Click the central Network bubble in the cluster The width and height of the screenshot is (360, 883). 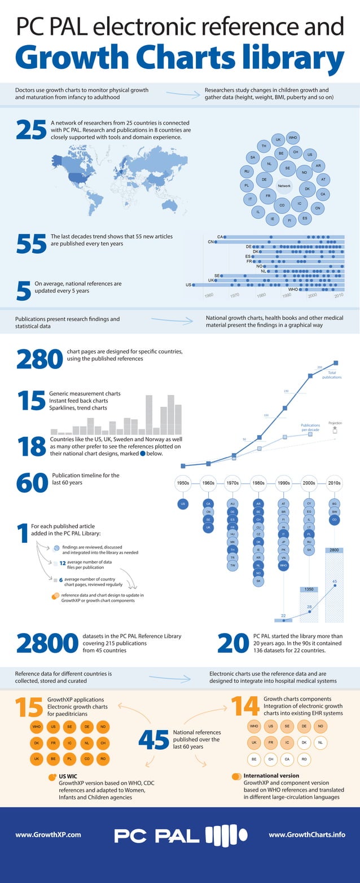click(284, 186)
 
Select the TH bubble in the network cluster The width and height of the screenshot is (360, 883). click(264, 147)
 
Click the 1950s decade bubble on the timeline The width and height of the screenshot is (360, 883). click(183, 483)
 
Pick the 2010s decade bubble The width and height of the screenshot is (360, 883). click(334, 483)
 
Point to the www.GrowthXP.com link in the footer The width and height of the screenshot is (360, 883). click(48, 834)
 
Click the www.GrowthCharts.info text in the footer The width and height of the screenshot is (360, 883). click(307, 834)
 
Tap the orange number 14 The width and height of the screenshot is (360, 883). click(245, 708)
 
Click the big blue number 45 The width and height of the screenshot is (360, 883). click(153, 741)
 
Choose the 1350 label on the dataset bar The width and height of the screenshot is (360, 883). click(309, 589)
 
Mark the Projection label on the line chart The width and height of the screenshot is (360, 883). click(335, 423)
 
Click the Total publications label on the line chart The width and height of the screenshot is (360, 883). click(331, 375)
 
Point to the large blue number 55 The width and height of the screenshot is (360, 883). click(30, 243)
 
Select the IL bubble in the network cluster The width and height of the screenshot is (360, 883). click(258, 212)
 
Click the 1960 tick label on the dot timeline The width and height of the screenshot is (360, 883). click(209, 295)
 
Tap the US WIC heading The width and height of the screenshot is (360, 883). click(68, 776)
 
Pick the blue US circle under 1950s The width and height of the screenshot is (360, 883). click(183, 504)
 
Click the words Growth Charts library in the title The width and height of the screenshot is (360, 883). click(179, 58)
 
